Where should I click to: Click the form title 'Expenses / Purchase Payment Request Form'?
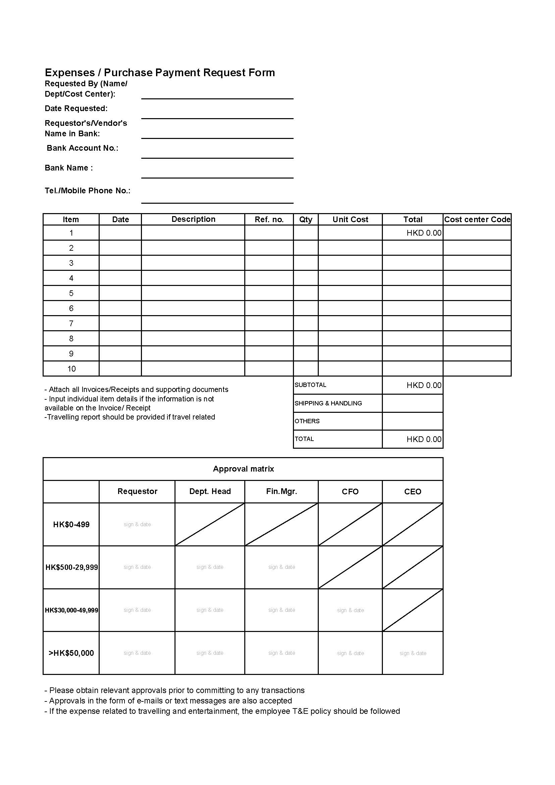click(x=160, y=72)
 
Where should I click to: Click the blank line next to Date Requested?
click(x=217, y=114)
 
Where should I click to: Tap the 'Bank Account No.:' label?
click(x=82, y=148)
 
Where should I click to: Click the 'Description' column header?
click(x=193, y=219)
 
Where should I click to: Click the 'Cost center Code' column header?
click(x=477, y=219)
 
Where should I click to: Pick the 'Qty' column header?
click(x=306, y=219)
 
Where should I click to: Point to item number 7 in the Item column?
click(x=71, y=324)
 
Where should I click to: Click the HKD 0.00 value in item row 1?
click(x=424, y=233)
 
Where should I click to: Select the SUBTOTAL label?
click(x=310, y=385)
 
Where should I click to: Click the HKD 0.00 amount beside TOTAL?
click(x=424, y=439)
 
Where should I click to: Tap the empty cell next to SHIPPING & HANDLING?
click(x=412, y=403)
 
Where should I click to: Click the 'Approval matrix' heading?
click(x=243, y=469)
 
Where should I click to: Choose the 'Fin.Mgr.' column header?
click(x=281, y=492)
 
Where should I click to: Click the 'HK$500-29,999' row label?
click(x=71, y=568)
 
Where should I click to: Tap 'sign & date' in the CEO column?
click(x=413, y=653)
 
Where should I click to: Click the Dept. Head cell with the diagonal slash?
click(x=210, y=525)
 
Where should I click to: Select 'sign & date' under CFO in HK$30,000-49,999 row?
click(x=350, y=610)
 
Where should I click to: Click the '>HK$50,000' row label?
click(x=71, y=653)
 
